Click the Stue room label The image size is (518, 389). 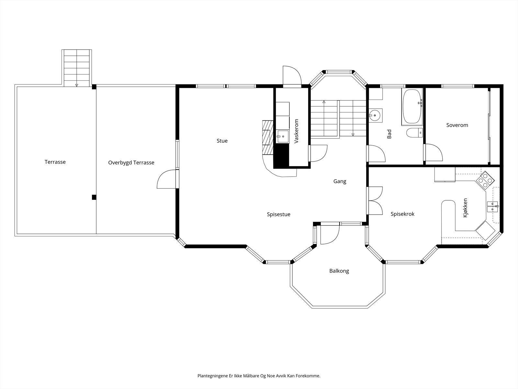(222, 141)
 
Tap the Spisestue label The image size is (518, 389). (278, 215)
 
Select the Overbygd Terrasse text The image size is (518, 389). (131, 163)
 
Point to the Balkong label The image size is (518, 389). (339, 271)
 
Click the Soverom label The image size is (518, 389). (457, 125)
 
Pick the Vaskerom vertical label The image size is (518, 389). (297, 131)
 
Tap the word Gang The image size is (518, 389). (340, 182)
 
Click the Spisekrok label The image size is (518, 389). (402, 214)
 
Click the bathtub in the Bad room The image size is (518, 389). (412, 107)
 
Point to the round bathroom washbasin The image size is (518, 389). (375, 115)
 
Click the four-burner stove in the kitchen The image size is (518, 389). (485, 181)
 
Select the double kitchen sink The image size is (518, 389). (493, 207)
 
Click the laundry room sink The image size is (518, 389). (283, 136)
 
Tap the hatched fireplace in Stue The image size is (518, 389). (268, 137)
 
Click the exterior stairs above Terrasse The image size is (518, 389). (77, 68)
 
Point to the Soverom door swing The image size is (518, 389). (434, 152)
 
